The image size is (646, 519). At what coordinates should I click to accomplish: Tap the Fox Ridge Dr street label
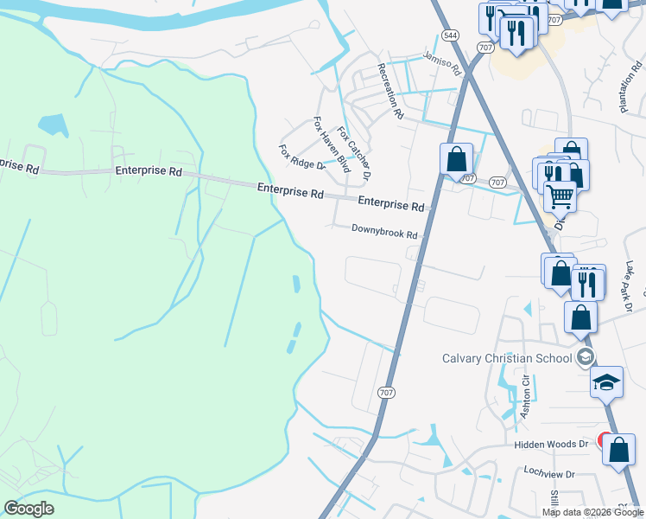tap(301, 157)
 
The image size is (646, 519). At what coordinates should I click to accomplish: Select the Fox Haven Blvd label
tap(331, 144)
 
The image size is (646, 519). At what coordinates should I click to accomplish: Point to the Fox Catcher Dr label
tap(353, 154)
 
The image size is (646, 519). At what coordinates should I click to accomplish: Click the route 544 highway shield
tap(450, 35)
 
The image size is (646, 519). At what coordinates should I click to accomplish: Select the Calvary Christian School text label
tap(507, 358)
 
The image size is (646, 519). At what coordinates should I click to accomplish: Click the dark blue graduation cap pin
tap(606, 381)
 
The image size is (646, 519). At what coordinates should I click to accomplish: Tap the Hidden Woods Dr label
tap(550, 444)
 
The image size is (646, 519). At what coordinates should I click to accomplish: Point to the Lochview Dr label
tap(549, 473)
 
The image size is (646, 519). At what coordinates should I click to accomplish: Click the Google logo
tap(28, 509)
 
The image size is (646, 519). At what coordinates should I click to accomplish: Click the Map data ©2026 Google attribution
tap(592, 512)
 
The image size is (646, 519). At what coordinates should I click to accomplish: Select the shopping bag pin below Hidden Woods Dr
tap(618, 451)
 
